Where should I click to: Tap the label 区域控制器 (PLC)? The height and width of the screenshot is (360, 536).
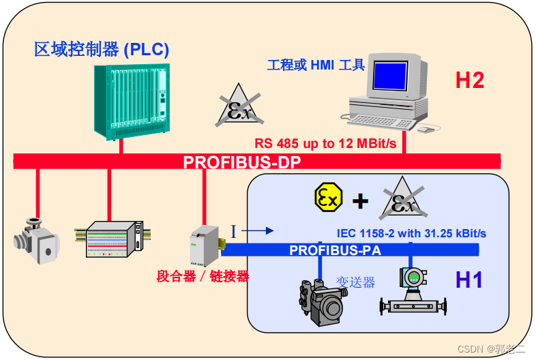tap(102, 49)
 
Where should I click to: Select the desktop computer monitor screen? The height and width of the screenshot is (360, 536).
tap(391, 78)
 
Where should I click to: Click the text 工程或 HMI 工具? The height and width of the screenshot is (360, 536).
tap(316, 65)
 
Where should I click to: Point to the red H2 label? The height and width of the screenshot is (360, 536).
tap(470, 80)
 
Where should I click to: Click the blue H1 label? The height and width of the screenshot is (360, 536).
tap(470, 279)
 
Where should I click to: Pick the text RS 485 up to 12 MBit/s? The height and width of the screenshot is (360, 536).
tap(325, 144)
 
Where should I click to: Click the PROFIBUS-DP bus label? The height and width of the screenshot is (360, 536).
tap(241, 162)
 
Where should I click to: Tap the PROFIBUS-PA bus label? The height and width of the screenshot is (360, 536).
tap(335, 250)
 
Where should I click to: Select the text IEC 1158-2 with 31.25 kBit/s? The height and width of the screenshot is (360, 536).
tap(411, 233)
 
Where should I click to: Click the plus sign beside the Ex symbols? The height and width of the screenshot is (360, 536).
tap(360, 200)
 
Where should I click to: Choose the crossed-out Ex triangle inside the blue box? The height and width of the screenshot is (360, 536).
tap(402, 199)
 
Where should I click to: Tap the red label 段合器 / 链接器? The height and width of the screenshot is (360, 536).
tap(203, 276)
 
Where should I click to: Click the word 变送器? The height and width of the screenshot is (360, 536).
tap(355, 282)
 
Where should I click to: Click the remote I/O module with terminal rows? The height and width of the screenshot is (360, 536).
tap(115, 239)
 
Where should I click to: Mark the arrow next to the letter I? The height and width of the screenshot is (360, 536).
tap(258, 230)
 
